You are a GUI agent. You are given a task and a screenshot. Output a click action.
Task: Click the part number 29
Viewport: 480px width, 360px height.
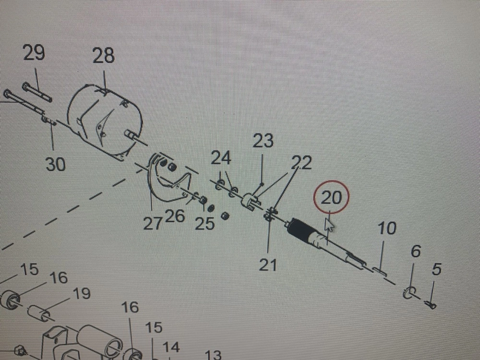34,52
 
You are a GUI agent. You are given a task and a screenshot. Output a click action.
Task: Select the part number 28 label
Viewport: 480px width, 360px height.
104,56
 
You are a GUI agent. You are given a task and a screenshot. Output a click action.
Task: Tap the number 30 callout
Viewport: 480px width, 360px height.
56,165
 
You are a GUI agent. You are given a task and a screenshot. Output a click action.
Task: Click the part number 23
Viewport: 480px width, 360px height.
263,141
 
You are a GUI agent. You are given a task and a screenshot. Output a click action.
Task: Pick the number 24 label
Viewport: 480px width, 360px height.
221,157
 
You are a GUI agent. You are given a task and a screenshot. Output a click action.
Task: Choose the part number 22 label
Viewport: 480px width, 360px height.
301,163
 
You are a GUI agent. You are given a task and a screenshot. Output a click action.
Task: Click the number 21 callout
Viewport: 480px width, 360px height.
267,264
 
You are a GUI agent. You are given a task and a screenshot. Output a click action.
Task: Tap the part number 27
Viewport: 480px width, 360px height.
153,223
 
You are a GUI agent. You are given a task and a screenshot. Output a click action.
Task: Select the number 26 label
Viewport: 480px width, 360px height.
175,216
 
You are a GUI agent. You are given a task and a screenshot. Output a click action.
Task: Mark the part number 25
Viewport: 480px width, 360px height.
204,223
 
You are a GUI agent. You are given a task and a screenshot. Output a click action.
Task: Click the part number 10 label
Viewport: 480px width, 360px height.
386,228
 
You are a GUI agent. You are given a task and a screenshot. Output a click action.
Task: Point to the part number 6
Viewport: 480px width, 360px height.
416,251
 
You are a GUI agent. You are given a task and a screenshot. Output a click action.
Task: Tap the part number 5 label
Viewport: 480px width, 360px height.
436,270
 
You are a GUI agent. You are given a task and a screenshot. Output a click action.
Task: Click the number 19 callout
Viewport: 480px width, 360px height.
82,293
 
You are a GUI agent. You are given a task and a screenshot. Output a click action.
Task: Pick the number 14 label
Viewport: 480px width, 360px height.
171,347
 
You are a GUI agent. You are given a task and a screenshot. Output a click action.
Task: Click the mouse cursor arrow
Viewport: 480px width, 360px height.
330,225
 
